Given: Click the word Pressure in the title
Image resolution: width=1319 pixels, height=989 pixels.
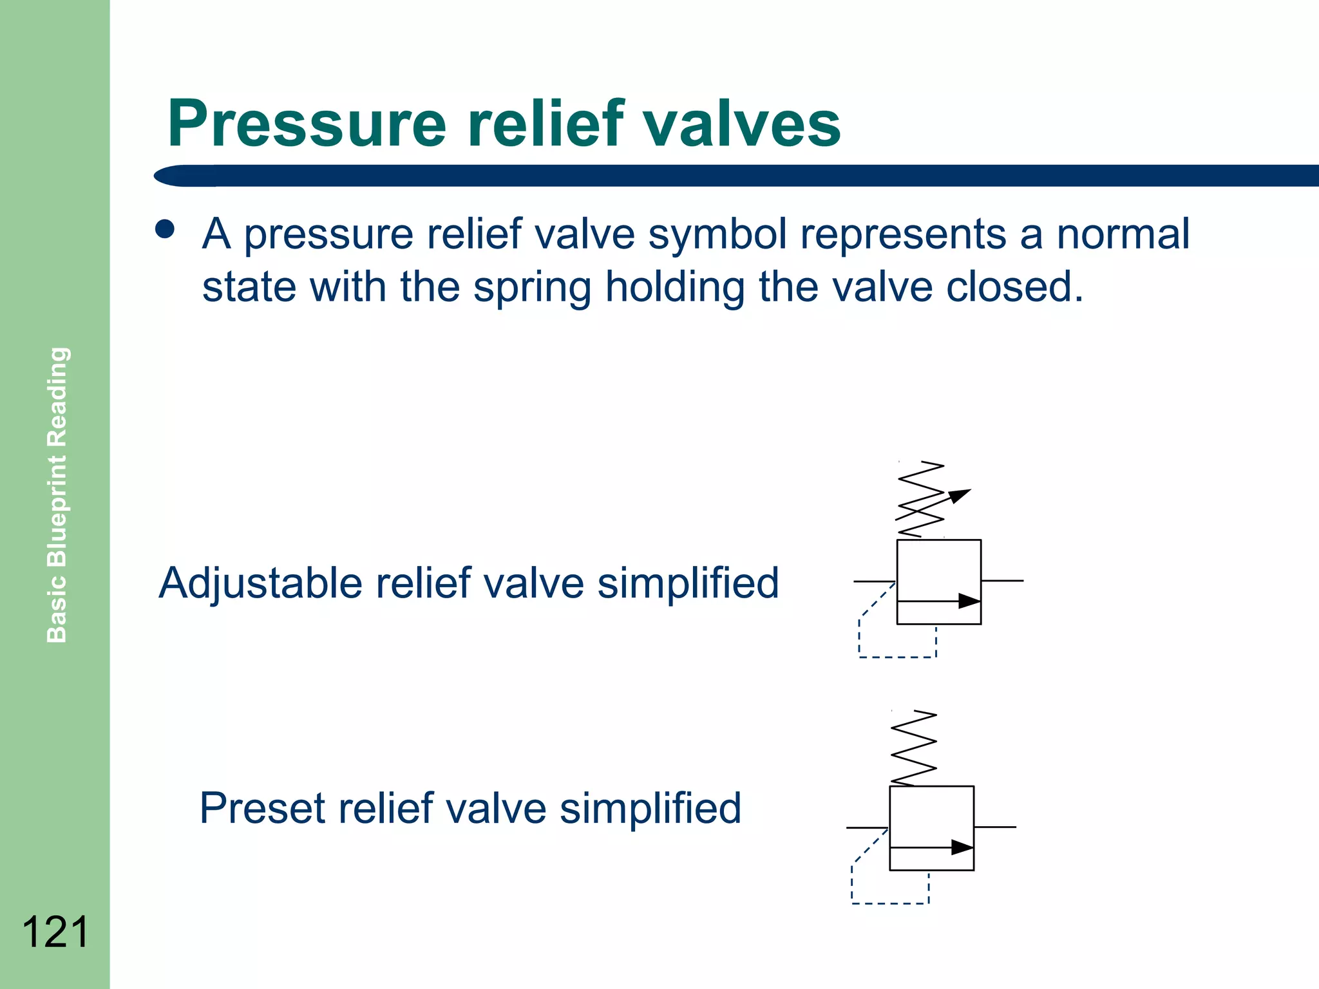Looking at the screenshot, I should point(307,124).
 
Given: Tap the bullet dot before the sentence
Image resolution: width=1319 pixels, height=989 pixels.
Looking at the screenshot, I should point(165,230).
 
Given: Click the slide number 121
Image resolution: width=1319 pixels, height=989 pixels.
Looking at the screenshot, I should point(55,932).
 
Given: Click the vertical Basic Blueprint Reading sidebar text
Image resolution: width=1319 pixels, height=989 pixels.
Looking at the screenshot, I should point(57,494).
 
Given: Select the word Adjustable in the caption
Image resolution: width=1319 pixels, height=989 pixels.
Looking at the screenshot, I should point(261,583).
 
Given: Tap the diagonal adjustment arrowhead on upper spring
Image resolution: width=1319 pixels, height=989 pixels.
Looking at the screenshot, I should point(960,494).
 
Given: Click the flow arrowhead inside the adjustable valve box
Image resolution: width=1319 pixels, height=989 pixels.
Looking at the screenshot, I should point(969,601).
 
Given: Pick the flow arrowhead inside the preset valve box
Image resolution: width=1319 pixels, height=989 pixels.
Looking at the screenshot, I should point(962,847).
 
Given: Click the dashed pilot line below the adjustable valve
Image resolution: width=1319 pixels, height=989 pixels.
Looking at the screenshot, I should point(897,657).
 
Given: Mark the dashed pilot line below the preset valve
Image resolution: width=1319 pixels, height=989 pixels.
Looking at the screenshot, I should point(890,903).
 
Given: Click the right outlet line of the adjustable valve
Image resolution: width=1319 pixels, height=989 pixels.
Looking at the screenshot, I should point(1002,581).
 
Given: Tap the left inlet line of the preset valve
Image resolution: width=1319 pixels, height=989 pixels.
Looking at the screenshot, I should point(867,827).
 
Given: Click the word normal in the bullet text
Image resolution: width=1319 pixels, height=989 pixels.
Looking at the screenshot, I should point(1123,234).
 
